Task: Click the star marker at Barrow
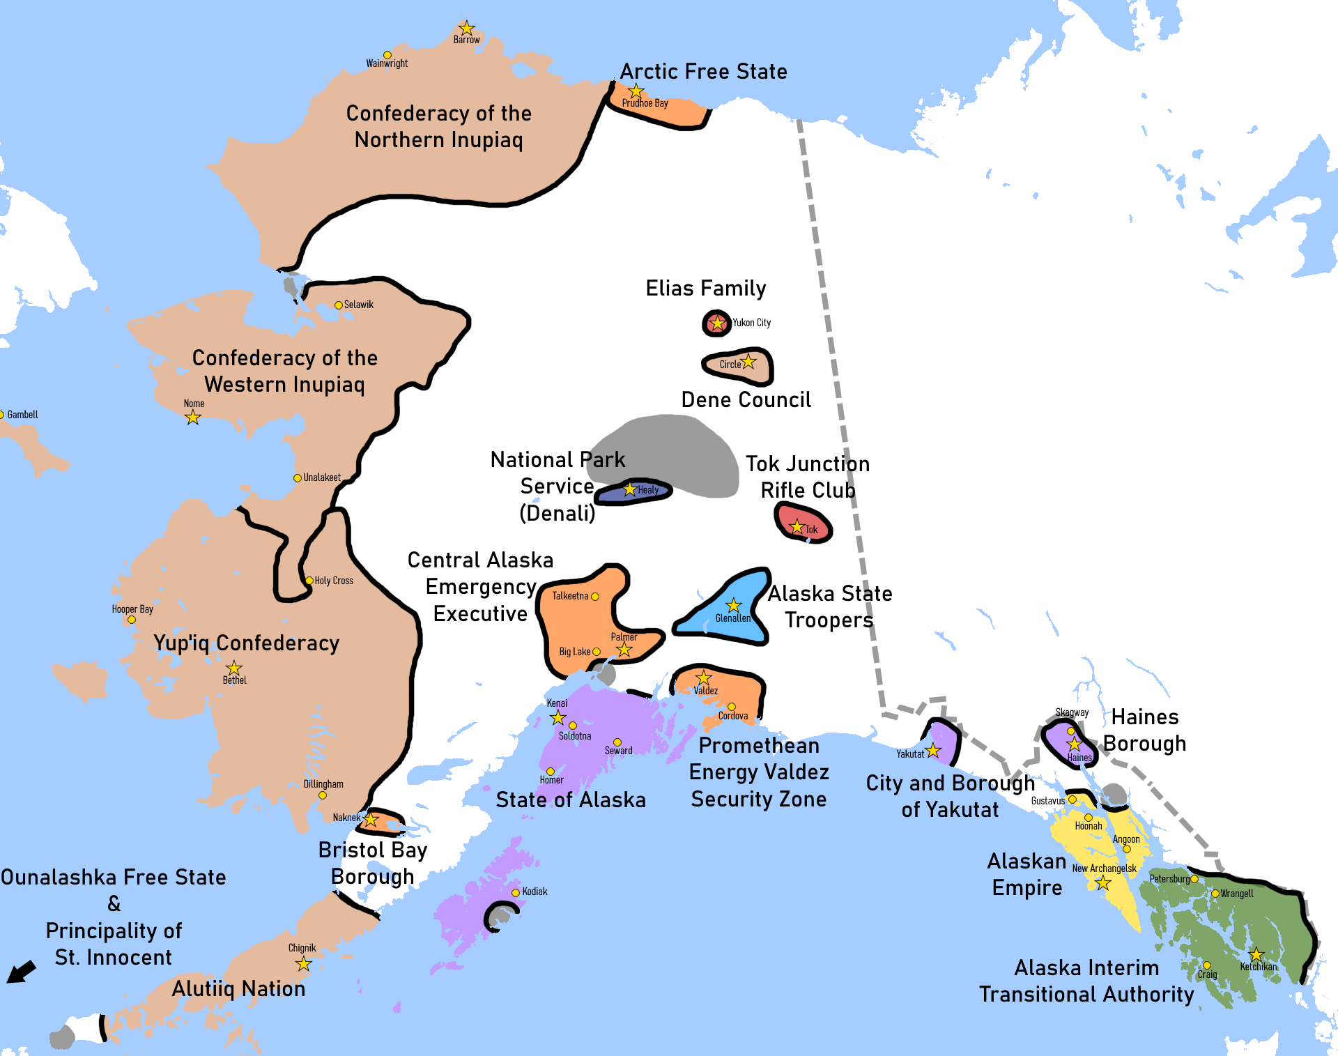(467, 29)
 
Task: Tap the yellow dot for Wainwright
(387, 55)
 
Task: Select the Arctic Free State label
(703, 72)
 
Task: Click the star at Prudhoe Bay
(636, 91)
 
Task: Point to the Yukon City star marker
(717, 323)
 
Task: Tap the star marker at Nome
(193, 418)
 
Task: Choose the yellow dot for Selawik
(339, 305)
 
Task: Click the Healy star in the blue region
(630, 489)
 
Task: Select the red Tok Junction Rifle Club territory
(803, 523)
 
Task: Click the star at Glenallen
(733, 605)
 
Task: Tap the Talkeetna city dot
(595, 597)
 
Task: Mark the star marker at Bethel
(234, 668)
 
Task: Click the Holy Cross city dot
(309, 581)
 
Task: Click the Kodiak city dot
(516, 893)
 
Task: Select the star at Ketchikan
(1256, 954)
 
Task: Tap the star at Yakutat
(933, 751)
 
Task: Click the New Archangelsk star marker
(1102, 883)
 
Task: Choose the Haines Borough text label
(1144, 730)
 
